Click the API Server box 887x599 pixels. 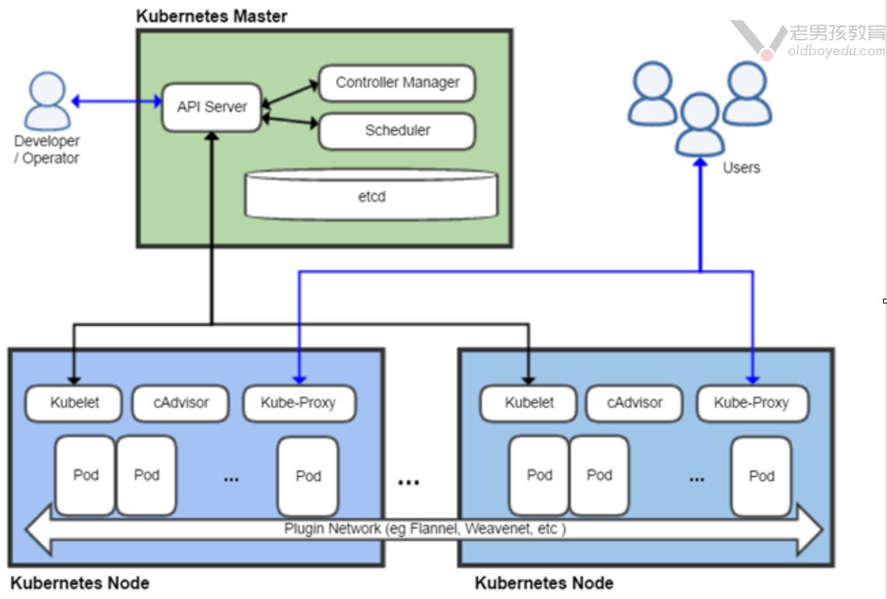pos(212,107)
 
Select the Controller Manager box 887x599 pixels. pos(397,83)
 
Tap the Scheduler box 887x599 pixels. pos(397,131)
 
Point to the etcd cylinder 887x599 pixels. pos(372,195)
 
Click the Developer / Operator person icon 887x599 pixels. pos(47,101)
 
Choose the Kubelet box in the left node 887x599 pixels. pos(74,403)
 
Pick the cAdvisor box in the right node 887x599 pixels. pos(634,403)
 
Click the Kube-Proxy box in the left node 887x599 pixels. pos(299,403)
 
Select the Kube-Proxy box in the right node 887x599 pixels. pos(752,403)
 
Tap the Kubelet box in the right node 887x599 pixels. pos(529,403)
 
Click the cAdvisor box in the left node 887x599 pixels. pos(181,403)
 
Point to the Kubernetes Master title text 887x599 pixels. pos(212,16)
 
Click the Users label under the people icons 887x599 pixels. pos(741,167)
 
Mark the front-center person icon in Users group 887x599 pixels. pos(699,124)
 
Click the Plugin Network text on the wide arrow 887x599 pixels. pos(425,529)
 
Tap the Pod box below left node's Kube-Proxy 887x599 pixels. pos(308,475)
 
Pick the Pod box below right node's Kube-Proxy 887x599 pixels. pos(761,475)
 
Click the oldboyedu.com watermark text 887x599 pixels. pos(836,51)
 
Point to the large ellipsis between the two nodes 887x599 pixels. pos(408,482)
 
